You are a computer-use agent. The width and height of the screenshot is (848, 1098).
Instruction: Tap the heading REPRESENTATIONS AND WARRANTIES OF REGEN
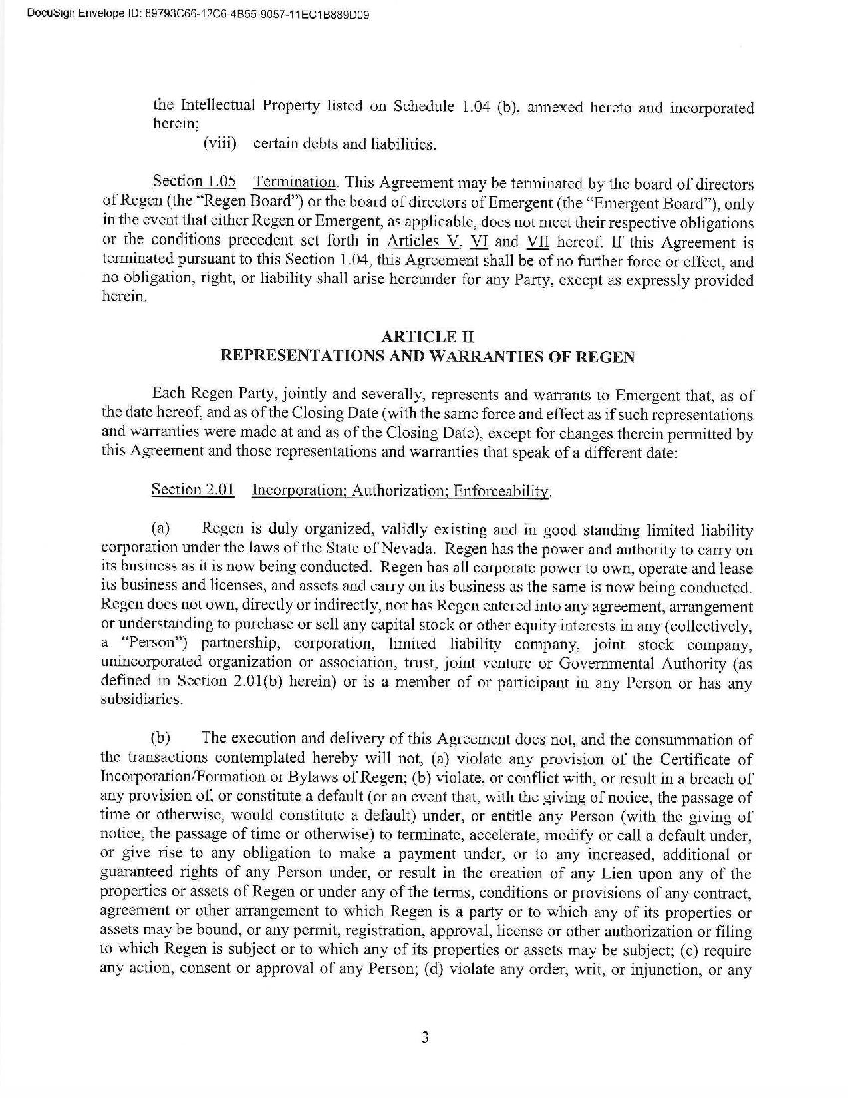tap(427, 357)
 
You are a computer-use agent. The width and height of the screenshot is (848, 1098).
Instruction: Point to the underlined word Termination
tap(295, 182)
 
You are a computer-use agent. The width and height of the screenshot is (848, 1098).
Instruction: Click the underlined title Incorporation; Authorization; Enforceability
tap(402, 492)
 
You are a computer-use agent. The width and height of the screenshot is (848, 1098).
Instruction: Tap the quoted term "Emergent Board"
tap(665, 202)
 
